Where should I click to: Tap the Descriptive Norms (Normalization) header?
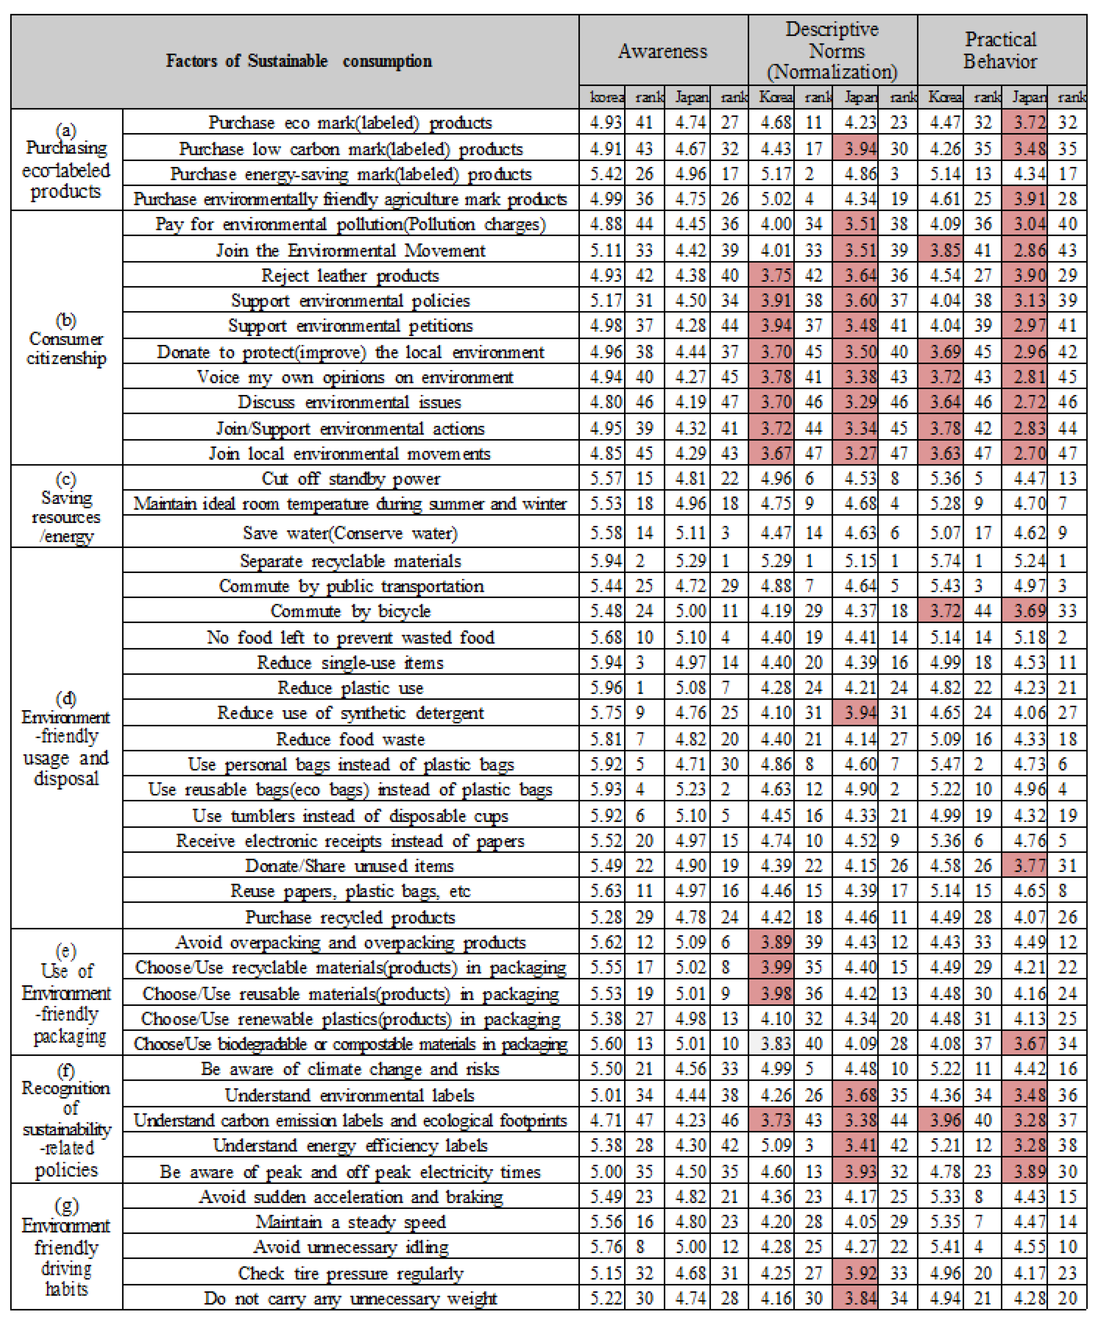coord(832,50)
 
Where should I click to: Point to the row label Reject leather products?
coord(350,275)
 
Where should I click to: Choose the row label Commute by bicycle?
coord(350,611)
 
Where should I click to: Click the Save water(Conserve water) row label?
coord(350,533)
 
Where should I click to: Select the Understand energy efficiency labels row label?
coord(350,1145)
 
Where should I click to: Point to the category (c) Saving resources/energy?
coord(66,507)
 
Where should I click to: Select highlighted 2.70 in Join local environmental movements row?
coord(1029,453)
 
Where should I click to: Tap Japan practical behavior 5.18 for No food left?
coord(1029,637)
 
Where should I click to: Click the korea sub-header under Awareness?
coord(606,98)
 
